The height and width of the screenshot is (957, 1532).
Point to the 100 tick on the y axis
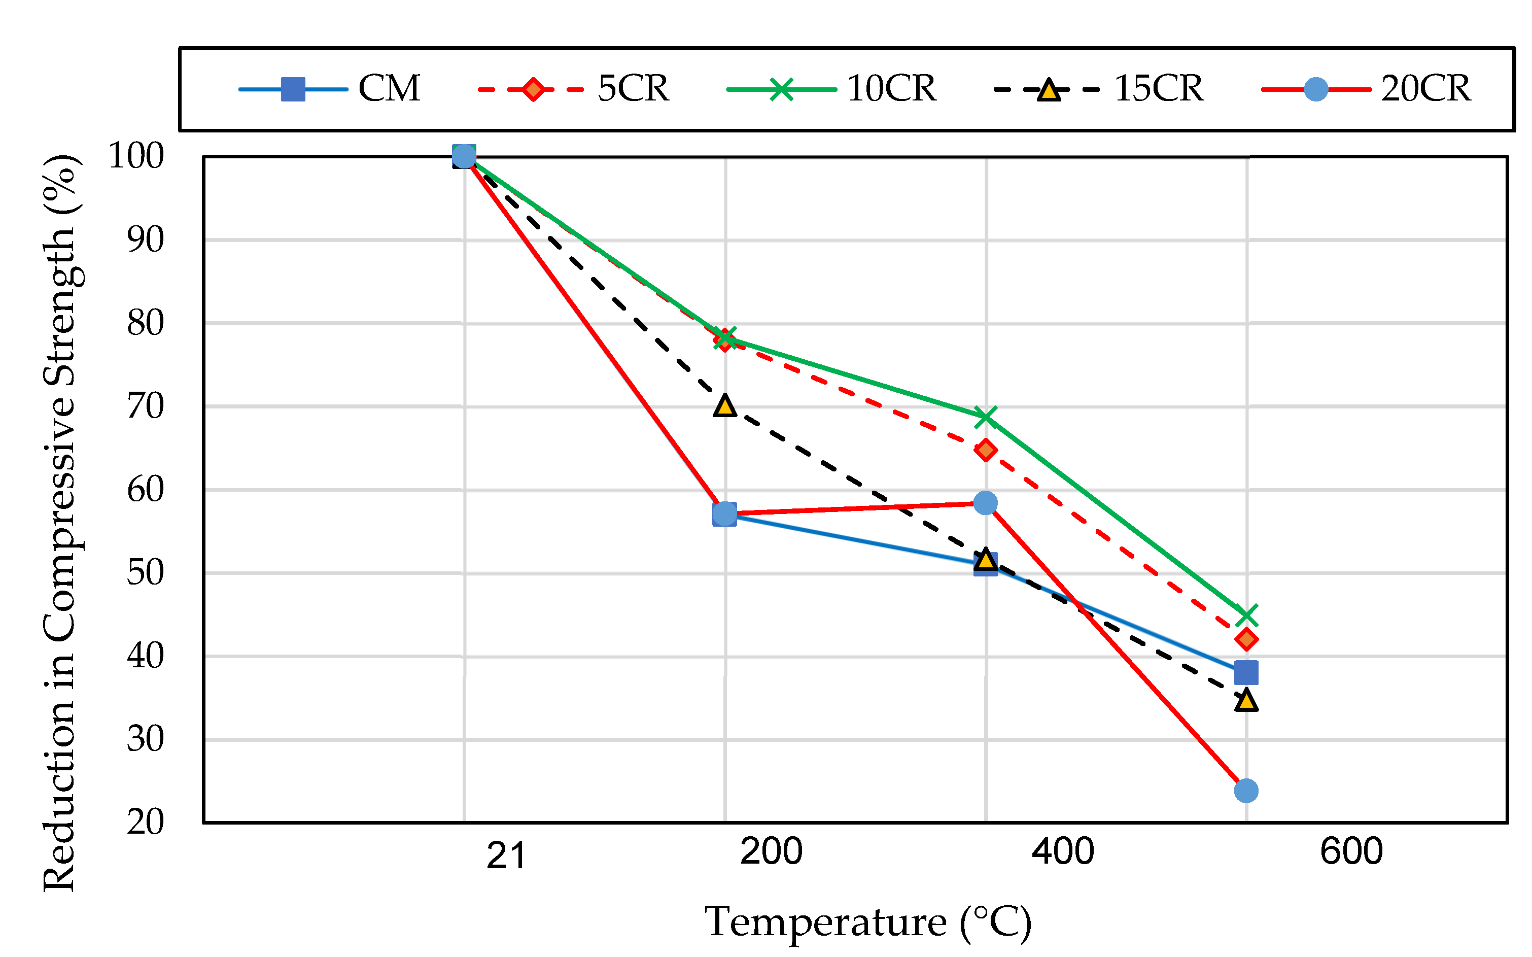pyautogui.click(x=136, y=156)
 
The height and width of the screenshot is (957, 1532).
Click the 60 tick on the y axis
pyautogui.click(x=145, y=489)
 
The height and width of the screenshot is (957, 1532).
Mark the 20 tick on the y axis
pyautogui.click(x=145, y=822)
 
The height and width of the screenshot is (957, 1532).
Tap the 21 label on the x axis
pyautogui.click(x=506, y=856)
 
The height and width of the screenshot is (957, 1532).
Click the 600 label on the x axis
pyautogui.click(x=1351, y=851)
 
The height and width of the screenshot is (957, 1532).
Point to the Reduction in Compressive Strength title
pyautogui.click(x=60, y=523)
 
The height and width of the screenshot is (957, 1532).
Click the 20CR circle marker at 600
pyautogui.click(x=1246, y=791)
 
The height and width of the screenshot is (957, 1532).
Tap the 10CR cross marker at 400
pyautogui.click(x=985, y=417)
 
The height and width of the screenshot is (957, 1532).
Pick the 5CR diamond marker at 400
pyautogui.click(x=985, y=450)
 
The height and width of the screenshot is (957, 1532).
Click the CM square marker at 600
pyautogui.click(x=1246, y=673)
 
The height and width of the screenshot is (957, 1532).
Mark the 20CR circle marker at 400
pyautogui.click(x=985, y=503)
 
